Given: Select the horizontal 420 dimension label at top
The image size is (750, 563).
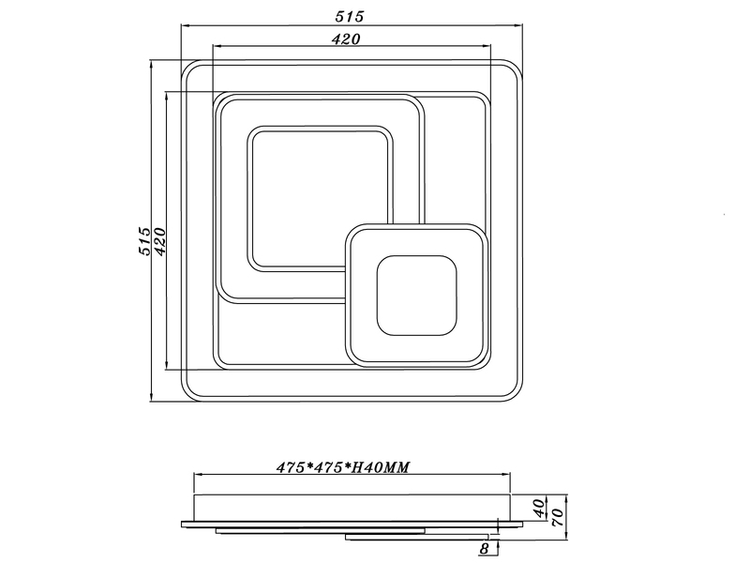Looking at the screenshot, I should pos(349,38).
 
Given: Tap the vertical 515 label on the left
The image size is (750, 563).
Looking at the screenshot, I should pos(143,241).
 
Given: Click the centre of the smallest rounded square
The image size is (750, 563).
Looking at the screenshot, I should pos(416,297).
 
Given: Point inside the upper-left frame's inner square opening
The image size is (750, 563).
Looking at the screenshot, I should pos(319,198).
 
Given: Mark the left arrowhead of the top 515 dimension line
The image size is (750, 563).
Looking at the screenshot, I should pos(184,26).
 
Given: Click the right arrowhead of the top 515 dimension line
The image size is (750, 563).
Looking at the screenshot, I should pos(519,26).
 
